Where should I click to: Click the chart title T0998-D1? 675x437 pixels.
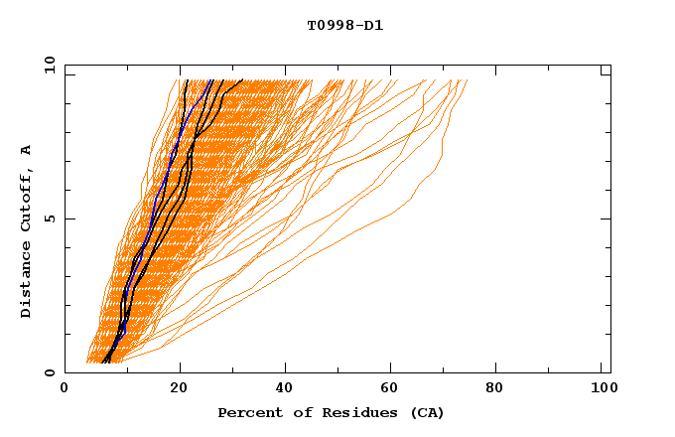(x=344, y=25)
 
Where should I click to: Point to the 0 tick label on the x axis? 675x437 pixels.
(x=65, y=388)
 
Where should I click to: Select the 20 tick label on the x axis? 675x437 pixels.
(x=179, y=388)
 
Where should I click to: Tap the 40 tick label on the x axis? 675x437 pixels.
(x=286, y=388)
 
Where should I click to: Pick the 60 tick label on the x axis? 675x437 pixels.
(x=393, y=388)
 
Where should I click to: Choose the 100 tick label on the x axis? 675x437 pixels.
(x=603, y=388)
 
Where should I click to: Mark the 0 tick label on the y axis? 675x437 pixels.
(x=50, y=372)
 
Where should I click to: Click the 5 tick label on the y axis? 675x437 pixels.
(x=50, y=218)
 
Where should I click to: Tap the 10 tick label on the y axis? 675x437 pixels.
(x=46, y=65)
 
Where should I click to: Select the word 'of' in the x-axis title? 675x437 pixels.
(x=296, y=412)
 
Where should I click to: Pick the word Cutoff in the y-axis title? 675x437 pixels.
(x=27, y=199)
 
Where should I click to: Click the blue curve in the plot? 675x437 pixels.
(x=169, y=159)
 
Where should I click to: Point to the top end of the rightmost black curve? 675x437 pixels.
(x=242, y=80)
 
